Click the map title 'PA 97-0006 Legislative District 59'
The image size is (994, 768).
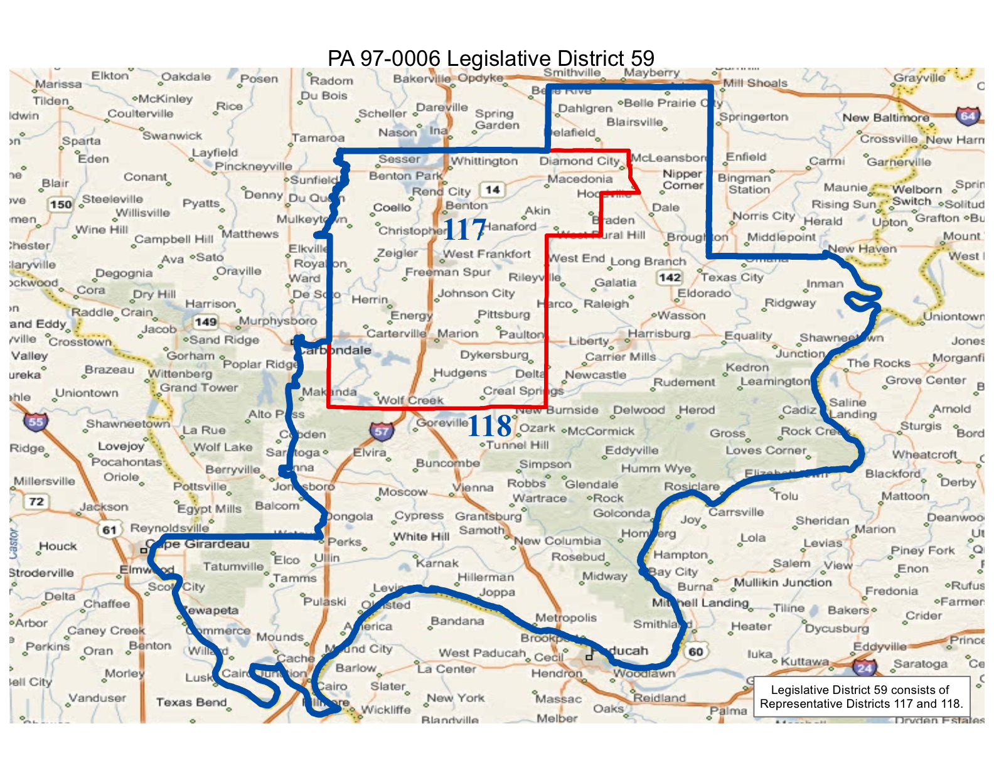[x=491, y=58]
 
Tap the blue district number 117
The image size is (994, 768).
[x=464, y=230]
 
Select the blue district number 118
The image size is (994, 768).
[x=489, y=427]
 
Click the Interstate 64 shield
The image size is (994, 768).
[x=967, y=116]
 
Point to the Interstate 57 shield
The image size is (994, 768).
[x=382, y=430]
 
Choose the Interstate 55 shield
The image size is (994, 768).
[x=36, y=422]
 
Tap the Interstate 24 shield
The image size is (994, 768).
[x=865, y=668]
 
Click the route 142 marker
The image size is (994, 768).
[x=670, y=277]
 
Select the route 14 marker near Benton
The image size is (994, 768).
[x=493, y=189]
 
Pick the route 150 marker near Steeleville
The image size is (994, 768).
[x=61, y=204]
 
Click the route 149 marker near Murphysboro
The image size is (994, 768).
[x=205, y=322]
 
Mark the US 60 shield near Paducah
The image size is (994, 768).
[x=695, y=651]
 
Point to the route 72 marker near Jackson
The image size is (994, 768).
[x=36, y=501]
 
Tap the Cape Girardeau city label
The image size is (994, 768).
[x=198, y=544]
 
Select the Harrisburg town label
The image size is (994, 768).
[x=659, y=333]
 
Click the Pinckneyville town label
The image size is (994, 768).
[x=254, y=166]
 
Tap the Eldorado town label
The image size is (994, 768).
[x=704, y=294]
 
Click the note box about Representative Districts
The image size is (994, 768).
[x=861, y=696]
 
